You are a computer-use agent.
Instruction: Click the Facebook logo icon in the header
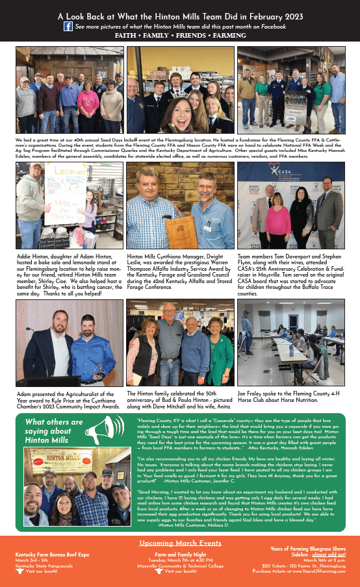coord(68,27)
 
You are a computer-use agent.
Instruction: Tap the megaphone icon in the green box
coord(105,429)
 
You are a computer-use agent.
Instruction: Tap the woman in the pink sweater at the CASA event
coord(277,221)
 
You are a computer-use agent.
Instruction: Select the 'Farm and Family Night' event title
coord(180,554)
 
